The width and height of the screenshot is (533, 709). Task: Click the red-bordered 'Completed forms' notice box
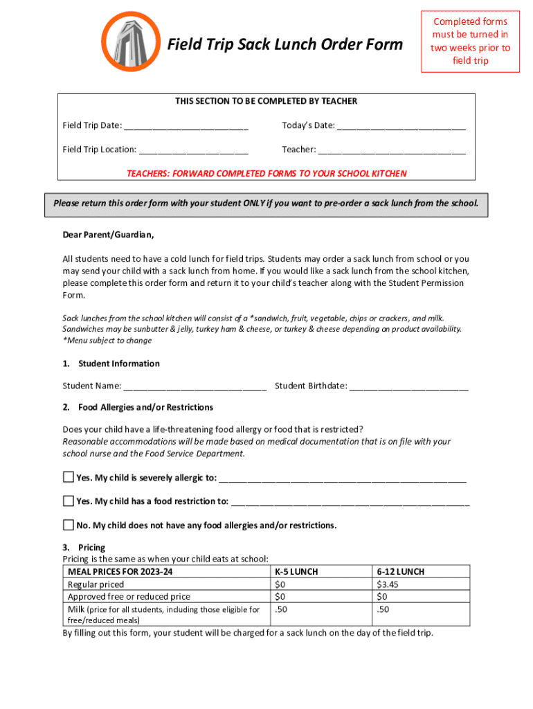[x=470, y=42]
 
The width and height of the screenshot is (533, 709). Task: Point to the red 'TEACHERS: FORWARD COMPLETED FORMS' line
[x=266, y=174]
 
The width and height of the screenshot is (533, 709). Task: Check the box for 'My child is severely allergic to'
[x=68, y=477]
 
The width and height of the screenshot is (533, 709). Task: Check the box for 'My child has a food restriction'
[x=68, y=501]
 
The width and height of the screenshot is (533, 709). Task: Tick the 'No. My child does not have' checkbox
[x=68, y=524]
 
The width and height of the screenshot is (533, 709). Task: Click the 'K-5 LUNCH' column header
[x=296, y=572]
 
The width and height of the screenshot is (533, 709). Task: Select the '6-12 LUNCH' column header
[x=400, y=572]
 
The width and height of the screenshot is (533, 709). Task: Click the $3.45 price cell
[x=387, y=584]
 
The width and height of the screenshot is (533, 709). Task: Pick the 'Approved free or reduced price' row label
[x=129, y=596]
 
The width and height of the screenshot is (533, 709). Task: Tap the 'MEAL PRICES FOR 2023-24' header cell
[x=120, y=572]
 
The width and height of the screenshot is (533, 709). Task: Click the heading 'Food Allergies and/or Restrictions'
[x=145, y=407]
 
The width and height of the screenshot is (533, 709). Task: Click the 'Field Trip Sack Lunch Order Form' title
[x=285, y=45]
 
